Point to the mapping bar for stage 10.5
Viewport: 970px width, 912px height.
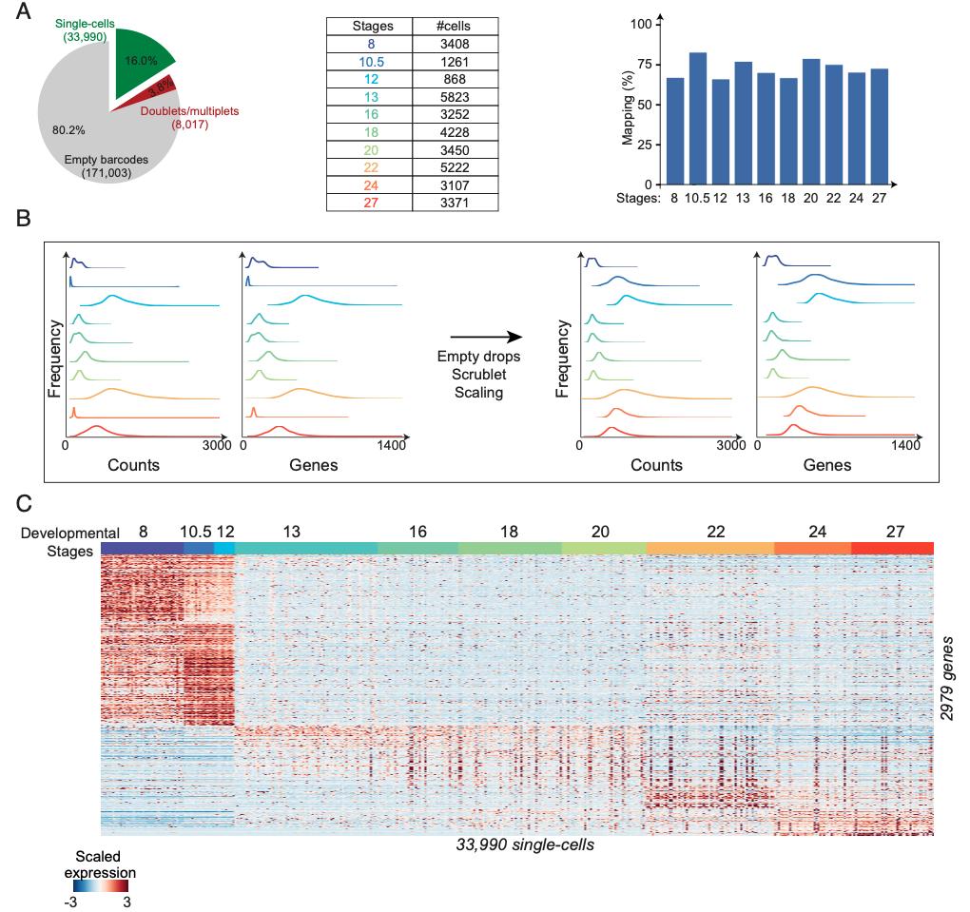(697, 119)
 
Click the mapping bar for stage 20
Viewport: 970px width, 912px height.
(811, 122)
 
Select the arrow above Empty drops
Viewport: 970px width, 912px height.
(485, 337)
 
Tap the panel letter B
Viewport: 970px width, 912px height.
(27, 218)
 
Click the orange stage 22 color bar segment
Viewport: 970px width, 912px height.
(709, 548)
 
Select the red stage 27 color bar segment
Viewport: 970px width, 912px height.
(892, 548)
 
